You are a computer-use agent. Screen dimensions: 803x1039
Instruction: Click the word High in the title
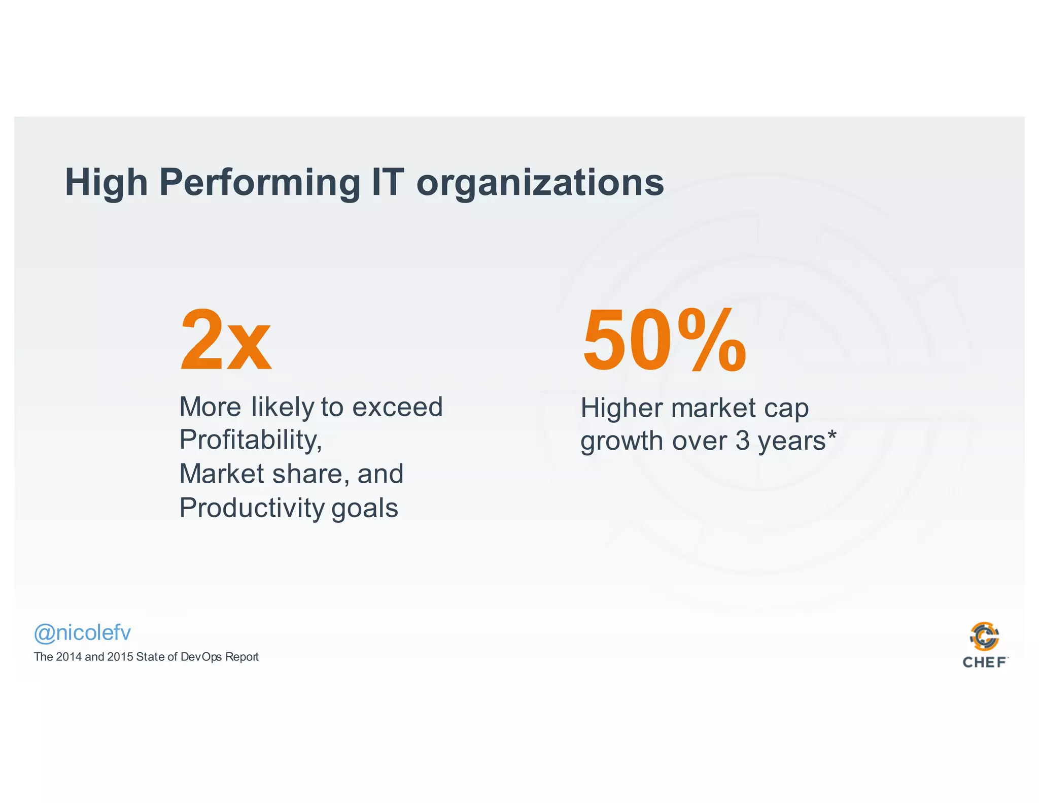(x=106, y=183)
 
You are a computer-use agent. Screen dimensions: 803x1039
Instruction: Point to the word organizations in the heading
(x=540, y=183)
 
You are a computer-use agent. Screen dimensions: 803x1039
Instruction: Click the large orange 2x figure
(x=226, y=341)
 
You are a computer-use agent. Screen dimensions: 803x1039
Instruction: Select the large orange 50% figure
(x=665, y=341)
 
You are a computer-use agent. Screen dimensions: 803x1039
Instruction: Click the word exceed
(x=397, y=407)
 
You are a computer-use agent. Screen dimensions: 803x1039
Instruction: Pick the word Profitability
(x=251, y=440)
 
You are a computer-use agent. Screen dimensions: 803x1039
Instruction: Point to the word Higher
(x=622, y=408)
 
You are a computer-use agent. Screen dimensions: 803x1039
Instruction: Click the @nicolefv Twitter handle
(x=82, y=633)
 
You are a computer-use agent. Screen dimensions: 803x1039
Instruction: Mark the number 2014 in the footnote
(x=68, y=657)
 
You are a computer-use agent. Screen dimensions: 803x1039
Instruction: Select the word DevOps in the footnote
(x=201, y=657)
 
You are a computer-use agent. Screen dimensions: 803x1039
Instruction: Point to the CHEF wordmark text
(x=984, y=662)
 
